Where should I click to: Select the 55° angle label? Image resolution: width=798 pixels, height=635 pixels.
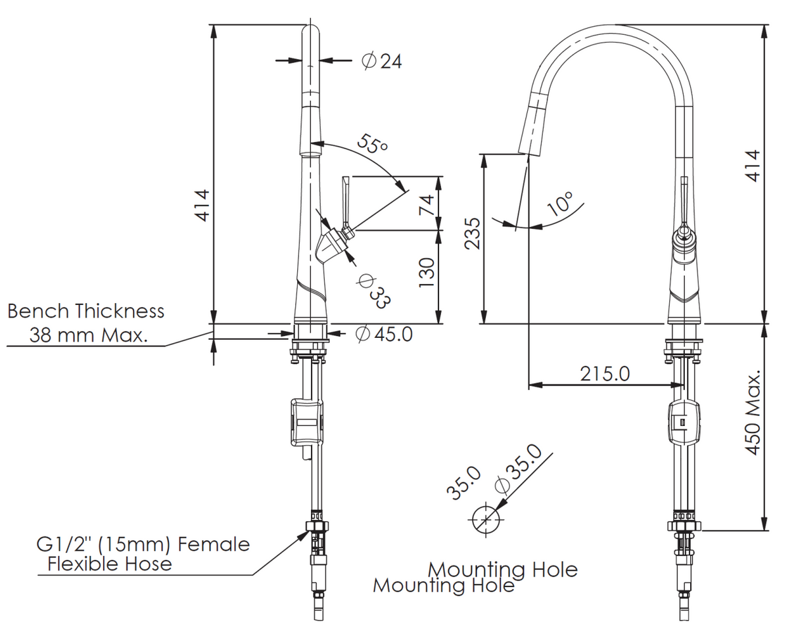[373, 144]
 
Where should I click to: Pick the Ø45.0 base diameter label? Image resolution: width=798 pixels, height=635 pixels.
[384, 334]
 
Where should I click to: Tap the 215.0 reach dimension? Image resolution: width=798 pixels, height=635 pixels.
[605, 373]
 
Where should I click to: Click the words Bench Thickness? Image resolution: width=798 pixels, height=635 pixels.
[85, 311]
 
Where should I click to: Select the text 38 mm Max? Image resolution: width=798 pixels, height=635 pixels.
[88, 335]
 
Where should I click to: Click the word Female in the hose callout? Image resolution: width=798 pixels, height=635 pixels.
[214, 544]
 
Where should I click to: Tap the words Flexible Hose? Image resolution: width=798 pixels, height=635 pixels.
[110, 564]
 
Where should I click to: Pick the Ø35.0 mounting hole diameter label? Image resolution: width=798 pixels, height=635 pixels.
[517, 468]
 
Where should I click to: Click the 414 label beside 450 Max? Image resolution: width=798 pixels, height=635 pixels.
[753, 166]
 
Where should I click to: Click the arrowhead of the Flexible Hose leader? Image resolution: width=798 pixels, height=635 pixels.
[304, 534]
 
